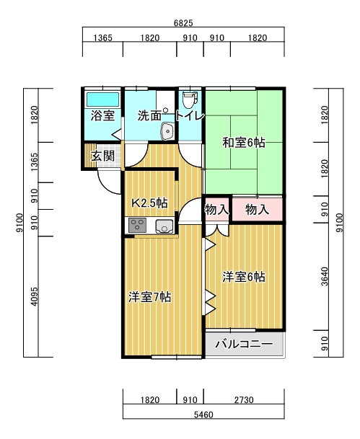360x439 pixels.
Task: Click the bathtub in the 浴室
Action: (102, 99)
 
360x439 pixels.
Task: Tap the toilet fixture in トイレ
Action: (190, 100)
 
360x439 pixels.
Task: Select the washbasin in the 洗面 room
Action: (167, 131)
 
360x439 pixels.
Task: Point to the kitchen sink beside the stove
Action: (164, 226)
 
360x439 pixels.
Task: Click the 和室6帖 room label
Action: (244, 143)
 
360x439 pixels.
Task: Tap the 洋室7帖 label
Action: (150, 297)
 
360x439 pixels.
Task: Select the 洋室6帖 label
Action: (244, 277)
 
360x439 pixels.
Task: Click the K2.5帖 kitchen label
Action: (150, 203)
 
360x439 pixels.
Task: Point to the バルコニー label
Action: (244, 344)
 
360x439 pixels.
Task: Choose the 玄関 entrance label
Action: (103, 156)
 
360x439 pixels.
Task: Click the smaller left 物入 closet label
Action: (217, 209)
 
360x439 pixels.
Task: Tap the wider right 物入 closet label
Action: (257, 209)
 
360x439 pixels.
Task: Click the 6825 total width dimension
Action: (183, 23)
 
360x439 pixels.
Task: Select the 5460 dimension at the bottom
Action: (203, 414)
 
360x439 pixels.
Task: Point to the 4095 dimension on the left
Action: (34, 296)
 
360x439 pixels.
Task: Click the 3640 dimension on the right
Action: (325, 276)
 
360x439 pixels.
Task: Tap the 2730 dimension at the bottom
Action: (244, 400)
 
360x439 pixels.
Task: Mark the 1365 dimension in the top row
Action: (103, 37)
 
